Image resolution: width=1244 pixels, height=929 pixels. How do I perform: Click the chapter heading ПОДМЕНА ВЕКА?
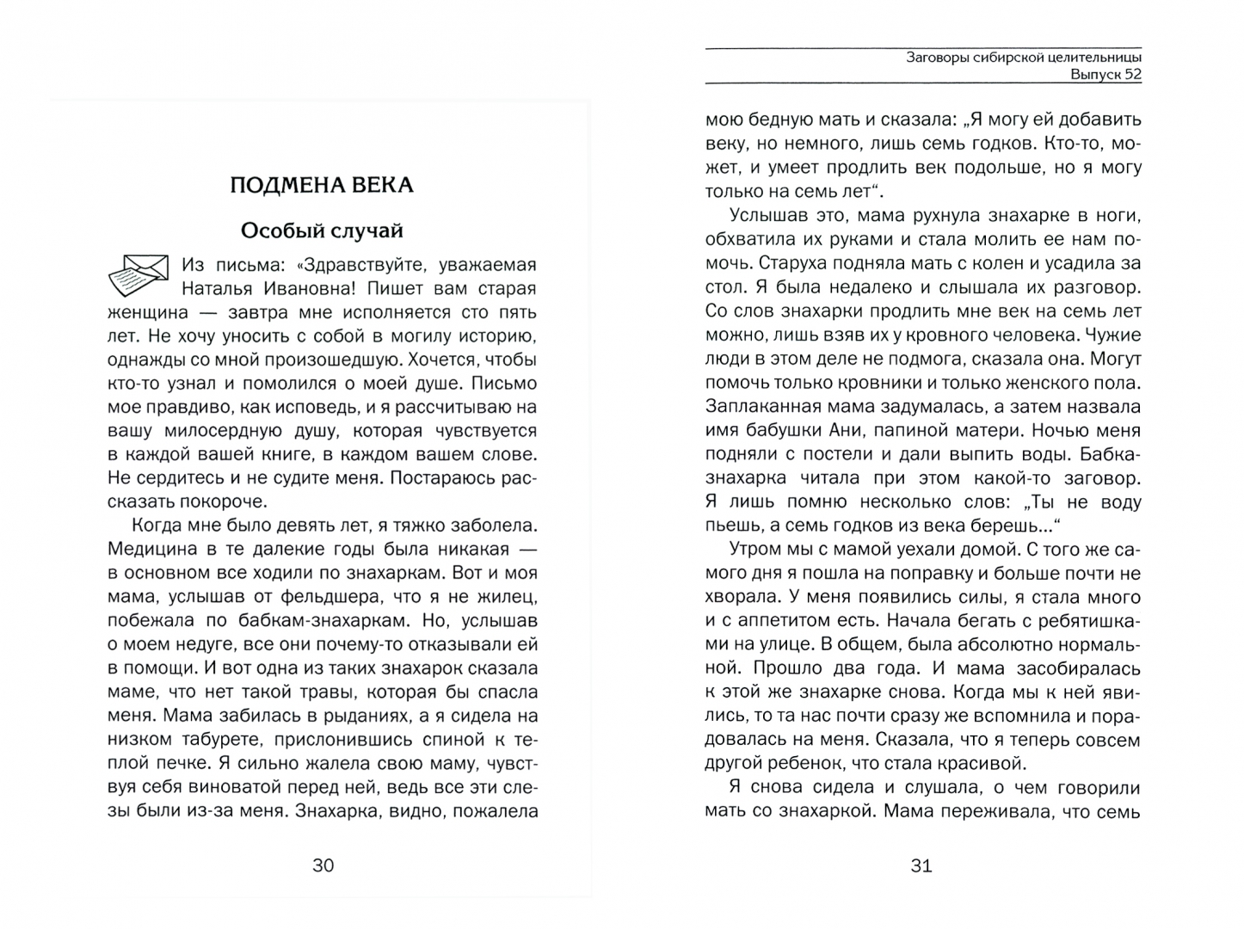click(x=322, y=186)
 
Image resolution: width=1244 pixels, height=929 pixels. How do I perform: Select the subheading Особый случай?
click(x=322, y=231)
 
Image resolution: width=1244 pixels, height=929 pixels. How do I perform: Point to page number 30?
click(x=323, y=865)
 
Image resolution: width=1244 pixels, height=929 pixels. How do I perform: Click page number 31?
click(x=921, y=866)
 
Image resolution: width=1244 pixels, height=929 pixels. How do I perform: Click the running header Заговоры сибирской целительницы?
click(x=1024, y=58)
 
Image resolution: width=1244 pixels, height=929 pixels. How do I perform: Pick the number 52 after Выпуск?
click(x=1132, y=75)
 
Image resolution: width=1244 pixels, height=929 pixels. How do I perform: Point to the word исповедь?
click(x=311, y=408)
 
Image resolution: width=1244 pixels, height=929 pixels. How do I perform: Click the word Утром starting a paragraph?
click(x=756, y=550)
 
